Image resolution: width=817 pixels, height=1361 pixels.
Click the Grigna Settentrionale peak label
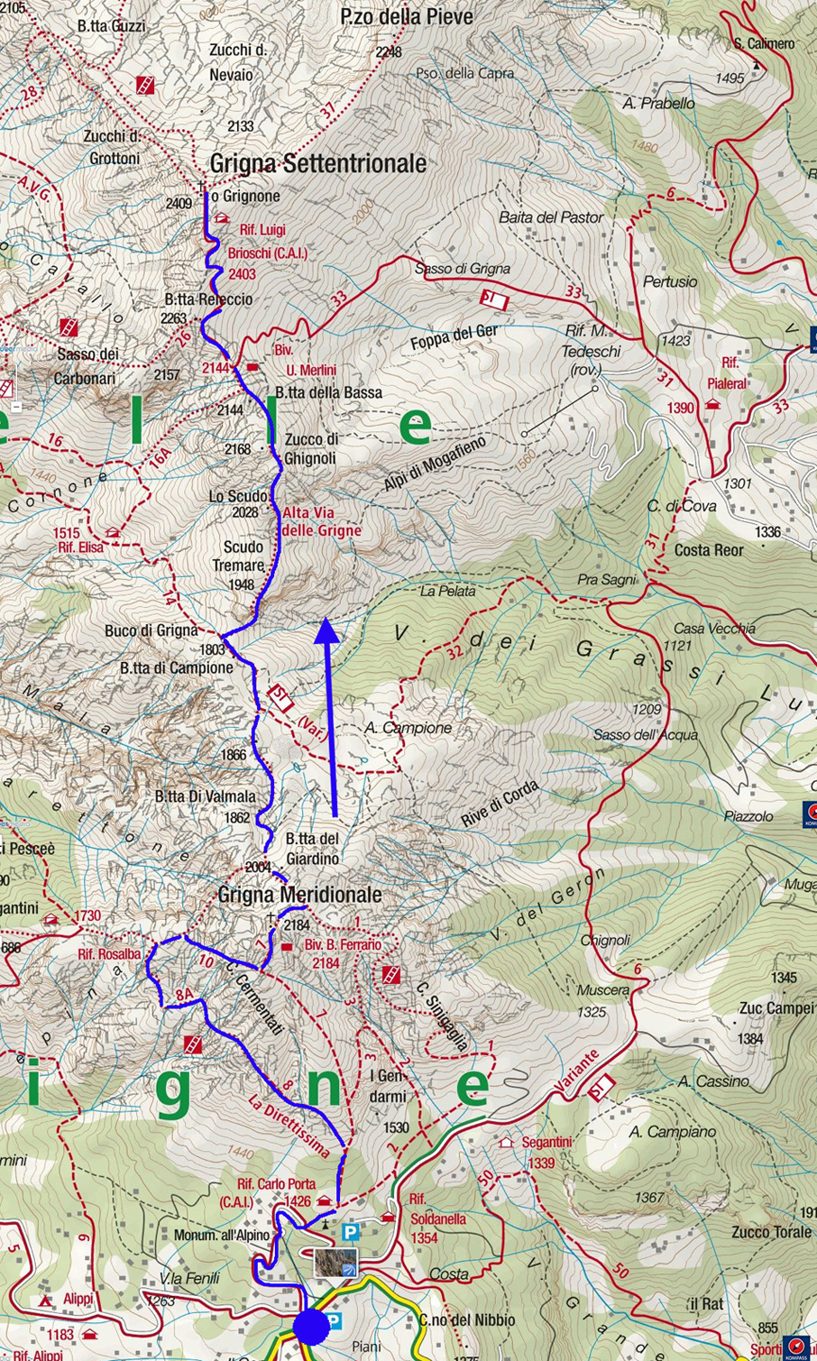coord(317,163)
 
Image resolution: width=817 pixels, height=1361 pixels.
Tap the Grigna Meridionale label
coord(299,895)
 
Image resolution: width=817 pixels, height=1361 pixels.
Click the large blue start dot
coord(312,1326)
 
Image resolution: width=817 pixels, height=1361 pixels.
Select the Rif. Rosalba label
coord(108,954)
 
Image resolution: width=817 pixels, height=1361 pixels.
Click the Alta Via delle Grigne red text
coord(321,521)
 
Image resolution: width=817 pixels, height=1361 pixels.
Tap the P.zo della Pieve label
coord(407,16)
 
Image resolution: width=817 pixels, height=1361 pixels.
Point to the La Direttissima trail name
coord(289,1126)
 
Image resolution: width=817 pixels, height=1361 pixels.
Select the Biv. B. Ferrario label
coord(343,945)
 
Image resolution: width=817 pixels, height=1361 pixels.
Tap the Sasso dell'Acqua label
coord(645,734)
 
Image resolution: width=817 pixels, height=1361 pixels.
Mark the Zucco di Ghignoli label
coord(311,448)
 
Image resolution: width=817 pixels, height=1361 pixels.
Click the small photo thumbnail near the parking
coord(335,1263)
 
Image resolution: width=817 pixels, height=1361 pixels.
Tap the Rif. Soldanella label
coord(437,1218)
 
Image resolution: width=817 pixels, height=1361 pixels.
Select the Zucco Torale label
coord(772,1231)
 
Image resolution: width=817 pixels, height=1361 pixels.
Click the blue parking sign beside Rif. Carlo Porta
coord(351,1231)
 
